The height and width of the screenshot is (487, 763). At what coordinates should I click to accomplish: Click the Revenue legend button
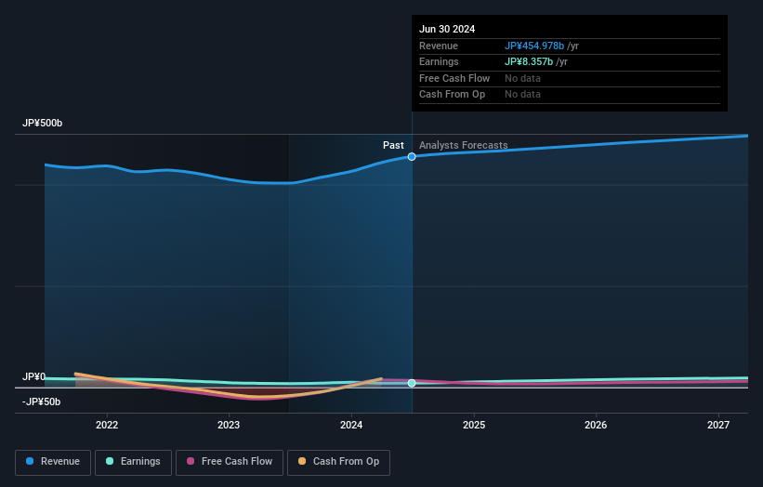pos(53,462)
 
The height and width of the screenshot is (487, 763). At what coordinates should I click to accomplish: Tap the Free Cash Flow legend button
pos(229,462)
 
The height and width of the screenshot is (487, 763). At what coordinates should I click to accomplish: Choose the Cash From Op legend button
pos(338,462)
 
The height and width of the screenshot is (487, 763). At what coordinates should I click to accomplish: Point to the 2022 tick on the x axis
pos(107,426)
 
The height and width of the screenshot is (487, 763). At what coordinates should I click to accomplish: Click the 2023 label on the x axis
pos(229,426)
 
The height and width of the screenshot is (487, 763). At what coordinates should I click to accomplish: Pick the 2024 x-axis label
pos(351,426)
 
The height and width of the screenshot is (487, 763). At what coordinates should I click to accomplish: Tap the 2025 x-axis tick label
pos(474,426)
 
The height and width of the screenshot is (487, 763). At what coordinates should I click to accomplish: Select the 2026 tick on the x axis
pos(596,426)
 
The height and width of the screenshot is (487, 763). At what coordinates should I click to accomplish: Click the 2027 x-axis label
pos(718,426)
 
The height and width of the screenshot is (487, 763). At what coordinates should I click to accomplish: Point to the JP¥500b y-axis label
pos(43,124)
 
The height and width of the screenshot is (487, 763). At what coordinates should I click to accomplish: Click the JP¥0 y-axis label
pos(33,376)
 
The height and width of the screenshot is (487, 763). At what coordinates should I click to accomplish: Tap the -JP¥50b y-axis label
pos(42,401)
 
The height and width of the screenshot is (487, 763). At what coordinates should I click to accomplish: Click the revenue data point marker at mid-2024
pos(412,156)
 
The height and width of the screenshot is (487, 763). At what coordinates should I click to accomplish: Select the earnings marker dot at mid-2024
pos(412,383)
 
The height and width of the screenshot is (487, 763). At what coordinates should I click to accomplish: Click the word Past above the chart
pos(393,145)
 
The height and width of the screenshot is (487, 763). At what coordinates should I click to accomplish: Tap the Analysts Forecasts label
pos(463,145)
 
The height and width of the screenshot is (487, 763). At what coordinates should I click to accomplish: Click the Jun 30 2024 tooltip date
pos(447,29)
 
